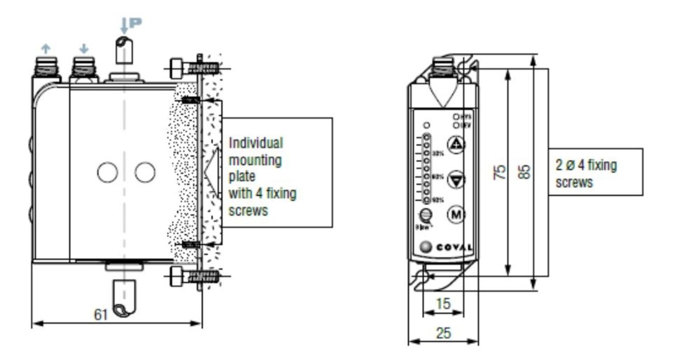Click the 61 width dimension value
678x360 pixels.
pos(101,314)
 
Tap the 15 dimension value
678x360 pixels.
pos(443,303)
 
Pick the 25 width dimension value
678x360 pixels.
pos(443,333)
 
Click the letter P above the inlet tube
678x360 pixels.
pos(135,22)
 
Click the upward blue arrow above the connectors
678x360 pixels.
pos(46,48)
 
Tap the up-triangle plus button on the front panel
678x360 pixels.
pos(456,144)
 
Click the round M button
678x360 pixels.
pos(456,214)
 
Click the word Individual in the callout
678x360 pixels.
pos(256,143)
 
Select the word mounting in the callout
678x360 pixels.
pos(255,160)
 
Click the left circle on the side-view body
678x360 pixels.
pos(108,172)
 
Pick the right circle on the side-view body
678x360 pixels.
pos(145,172)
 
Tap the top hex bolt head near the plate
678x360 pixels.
pos(176,69)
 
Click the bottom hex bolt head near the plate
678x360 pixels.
pos(176,276)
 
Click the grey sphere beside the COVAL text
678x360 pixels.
pos(425,247)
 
